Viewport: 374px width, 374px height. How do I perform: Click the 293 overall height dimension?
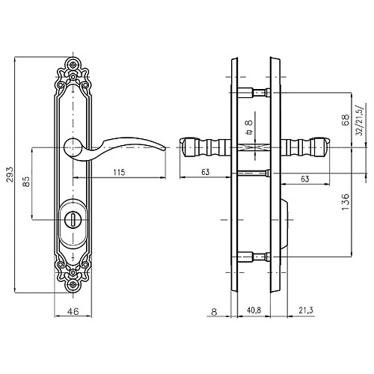pos(10,174)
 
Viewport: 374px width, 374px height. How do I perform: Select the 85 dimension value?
pos(26,182)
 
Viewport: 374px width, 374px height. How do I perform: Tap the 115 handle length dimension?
pos(119,172)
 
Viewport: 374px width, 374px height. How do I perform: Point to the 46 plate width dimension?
pos(73,311)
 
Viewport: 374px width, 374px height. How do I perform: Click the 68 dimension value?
pos(346,120)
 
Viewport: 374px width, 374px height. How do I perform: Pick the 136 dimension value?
pos(346,201)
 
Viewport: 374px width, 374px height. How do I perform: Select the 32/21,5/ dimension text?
pos(360,119)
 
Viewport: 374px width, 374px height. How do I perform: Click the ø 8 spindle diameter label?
pos(248,127)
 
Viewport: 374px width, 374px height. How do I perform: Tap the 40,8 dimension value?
pos(254,310)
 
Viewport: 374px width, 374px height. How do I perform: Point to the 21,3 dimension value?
pos(306,310)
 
